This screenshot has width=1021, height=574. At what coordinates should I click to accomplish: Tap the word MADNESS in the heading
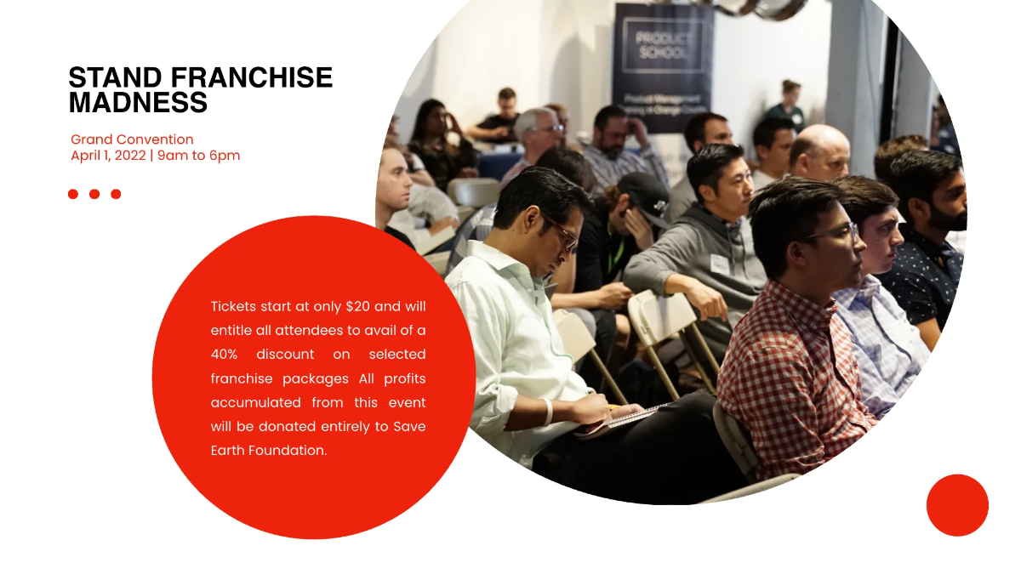pyautogui.click(x=138, y=103)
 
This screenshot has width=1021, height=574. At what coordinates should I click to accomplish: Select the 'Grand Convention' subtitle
pyautogui.click(x=132, y=139)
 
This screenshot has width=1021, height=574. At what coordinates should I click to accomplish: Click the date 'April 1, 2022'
pyautogui.click(x=108, y=156)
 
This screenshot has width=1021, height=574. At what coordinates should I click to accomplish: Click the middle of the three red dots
pyautogui.click(x=94, y=194)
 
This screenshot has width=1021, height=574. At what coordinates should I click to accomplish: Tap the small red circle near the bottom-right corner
pyautogui.click(x=957, y=505)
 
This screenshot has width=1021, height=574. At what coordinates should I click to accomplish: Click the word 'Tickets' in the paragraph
pyautogui.click(x=233, y=306)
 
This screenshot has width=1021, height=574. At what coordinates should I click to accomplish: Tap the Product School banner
pyautogui.click(x=663, y=68)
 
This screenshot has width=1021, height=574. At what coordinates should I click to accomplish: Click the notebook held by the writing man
pyautogui.click(x=617, y=418)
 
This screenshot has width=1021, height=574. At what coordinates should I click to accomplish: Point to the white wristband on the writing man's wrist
pyautogui.click(x=547, y=411)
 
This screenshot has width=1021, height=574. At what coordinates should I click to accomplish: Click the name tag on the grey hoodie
pyautogui.click(x=720, y=264)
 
